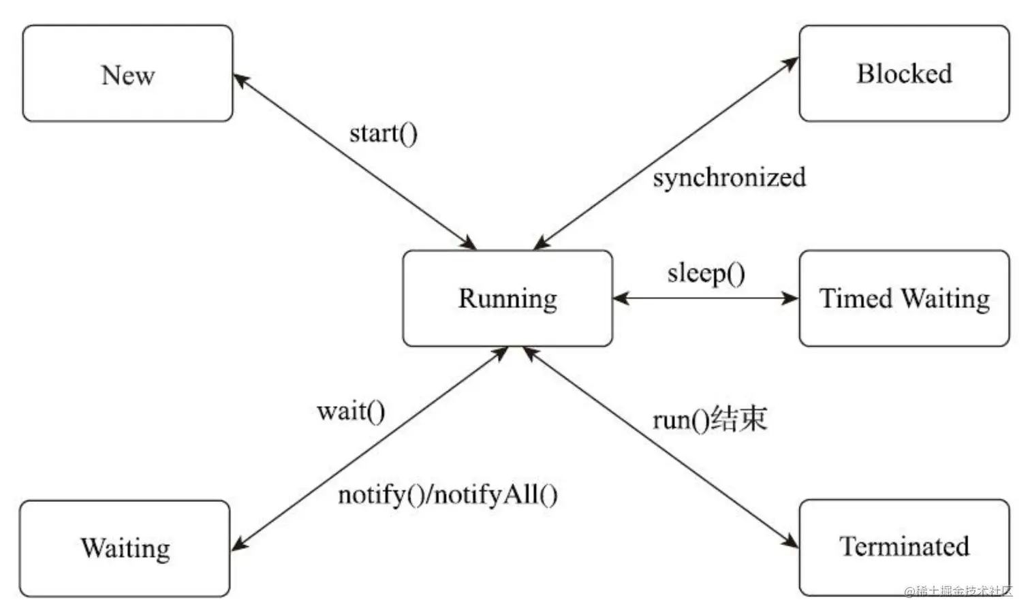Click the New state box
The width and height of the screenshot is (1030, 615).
coord(127,74)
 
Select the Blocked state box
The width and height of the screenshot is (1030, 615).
coord(903,74)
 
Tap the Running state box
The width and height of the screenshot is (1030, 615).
coord(508,298)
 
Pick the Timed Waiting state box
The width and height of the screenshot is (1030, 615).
coord(903,298)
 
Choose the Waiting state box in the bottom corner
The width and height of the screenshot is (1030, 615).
coord(125,548)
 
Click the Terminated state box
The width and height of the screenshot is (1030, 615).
coord(903,547)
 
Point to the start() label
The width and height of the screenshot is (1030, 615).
coord(383,133)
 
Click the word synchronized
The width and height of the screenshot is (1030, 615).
coord(729,178)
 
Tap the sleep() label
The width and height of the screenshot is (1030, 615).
coord(706,274)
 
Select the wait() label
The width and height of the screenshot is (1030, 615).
coord(351,411)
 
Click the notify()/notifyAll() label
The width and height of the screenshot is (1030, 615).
coord(448,494)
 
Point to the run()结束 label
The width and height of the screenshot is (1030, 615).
coord(710,420)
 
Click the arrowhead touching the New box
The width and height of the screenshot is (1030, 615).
coord(240,80)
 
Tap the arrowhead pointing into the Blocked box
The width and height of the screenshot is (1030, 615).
coord(791,63)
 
